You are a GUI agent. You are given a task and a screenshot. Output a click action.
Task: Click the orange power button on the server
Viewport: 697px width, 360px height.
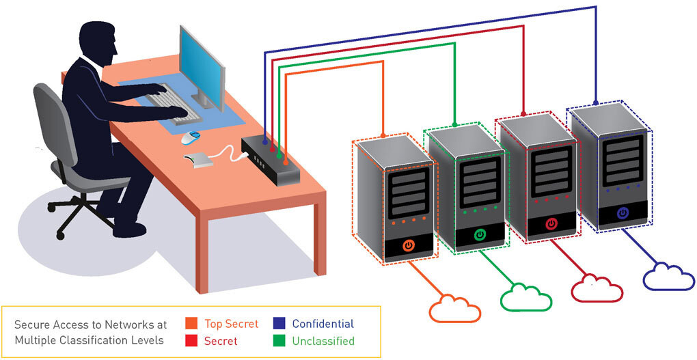point(408,245)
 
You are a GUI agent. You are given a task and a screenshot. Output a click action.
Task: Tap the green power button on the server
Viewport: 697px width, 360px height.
point(480,234)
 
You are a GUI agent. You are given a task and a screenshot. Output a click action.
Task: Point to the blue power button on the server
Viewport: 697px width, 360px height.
point(622,213)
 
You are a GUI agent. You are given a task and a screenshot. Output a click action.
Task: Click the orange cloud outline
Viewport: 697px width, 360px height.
point(454,308)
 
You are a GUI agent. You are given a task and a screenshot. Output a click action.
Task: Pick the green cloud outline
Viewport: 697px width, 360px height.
point(525,297)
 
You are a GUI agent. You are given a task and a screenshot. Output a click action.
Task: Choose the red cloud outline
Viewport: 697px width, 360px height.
point(597,288)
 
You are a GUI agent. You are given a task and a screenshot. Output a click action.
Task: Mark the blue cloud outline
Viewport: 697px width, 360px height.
point(668,277)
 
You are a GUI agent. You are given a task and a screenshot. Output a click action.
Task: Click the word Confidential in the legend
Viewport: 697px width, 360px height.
point(323,324)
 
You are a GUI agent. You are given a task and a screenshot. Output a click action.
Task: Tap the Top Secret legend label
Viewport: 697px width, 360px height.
point(232,324)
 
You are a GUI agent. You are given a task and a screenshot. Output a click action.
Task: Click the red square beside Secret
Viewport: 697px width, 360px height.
point(192,340)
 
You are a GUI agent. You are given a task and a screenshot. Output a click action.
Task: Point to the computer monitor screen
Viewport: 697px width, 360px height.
point(202,65)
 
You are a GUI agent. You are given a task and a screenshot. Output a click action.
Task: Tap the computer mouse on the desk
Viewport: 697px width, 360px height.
point(190,137)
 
